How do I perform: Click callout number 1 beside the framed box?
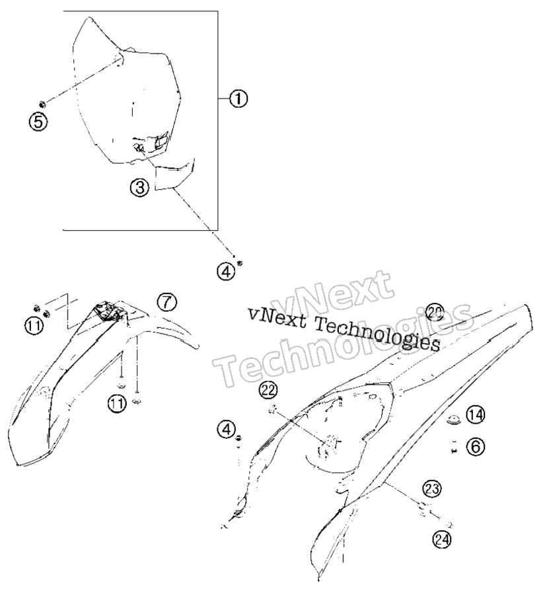pos(238,99)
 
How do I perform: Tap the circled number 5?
pos(38,122)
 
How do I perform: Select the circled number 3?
pos(140,187)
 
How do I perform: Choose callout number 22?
pos(268,391)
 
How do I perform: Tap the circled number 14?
pos(476,415)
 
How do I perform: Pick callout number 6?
pos(476,447)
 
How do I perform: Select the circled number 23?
pos(432,489)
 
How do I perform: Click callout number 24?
pos(442,539)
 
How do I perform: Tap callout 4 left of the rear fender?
pos(227,429)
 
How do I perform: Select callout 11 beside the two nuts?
pos(34,327)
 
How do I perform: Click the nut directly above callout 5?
pos(42,103)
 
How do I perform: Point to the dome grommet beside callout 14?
pos(453,419)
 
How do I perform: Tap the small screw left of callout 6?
pos(455,450)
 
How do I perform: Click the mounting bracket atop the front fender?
pos(110,311)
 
